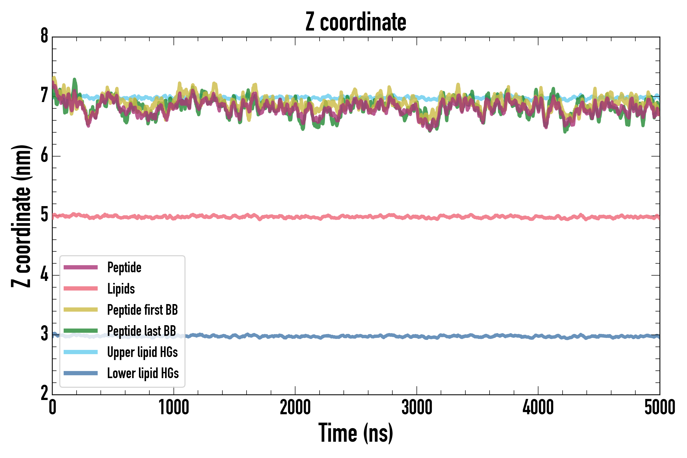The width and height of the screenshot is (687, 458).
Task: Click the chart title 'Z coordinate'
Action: click(355, 22)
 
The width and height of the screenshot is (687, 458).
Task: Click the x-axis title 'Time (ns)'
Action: click(355, 433)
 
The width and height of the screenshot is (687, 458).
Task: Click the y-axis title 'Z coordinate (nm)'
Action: click(21, 216)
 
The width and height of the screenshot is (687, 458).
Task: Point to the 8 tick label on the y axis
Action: click(44, 36)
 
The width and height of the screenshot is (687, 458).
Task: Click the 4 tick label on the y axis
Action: click(44, 274)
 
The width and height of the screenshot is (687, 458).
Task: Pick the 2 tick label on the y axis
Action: click(44, 393)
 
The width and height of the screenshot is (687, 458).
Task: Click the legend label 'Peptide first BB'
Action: click(142, 310)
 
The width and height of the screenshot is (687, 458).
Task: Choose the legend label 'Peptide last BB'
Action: click(142, 331)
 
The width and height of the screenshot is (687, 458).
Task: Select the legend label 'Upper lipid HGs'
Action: click(142, 352)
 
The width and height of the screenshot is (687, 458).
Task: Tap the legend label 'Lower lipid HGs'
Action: click(143, 373)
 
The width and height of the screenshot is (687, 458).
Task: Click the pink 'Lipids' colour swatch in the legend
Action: click(81, 289)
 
